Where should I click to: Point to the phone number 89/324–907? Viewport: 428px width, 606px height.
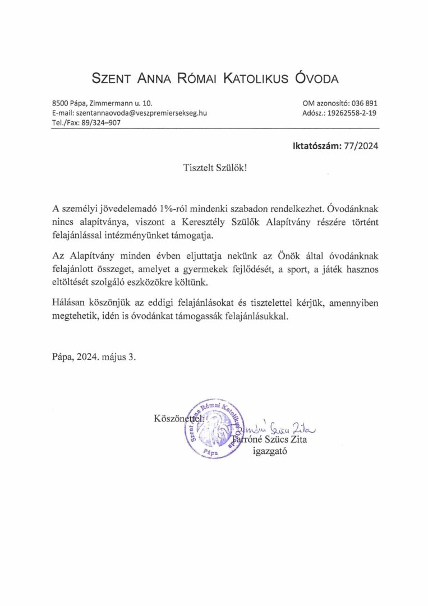[x=102, y=122]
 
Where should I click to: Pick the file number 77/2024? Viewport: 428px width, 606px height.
[x=361, y=147]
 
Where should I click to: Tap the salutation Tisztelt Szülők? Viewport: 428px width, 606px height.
[x=214, y=168]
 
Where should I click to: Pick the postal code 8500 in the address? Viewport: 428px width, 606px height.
[x=59, y=103]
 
